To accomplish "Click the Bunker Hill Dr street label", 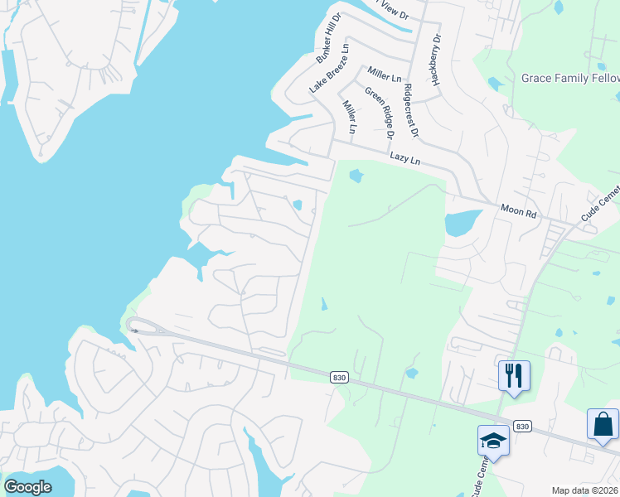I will pyautogui.click(x=329, y=39).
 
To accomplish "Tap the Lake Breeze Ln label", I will pyautogui.click(x=330, y=68).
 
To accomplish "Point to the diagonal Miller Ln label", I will pyautogui.click(x=349, y=118).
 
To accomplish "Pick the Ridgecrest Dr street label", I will pyautogui.click(x=411, y=110).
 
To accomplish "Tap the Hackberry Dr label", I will pyautogui.click(x=436, y=61).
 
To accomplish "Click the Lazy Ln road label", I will pyautogui.click(x=405, y=158).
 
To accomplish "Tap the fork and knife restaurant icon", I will pyautogui.click(x=514, y=376).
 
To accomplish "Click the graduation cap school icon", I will pyautogui.click(x=493, y=441).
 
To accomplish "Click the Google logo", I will pyautogui.click(x=27, y=487).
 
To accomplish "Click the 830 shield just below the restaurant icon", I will pyautogui.click(x=521, y=426).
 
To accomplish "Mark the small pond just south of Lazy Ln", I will pyautogui.click(x=356, y=176).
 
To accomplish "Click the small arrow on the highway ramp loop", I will pyautogui.click(x=134, y=330).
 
